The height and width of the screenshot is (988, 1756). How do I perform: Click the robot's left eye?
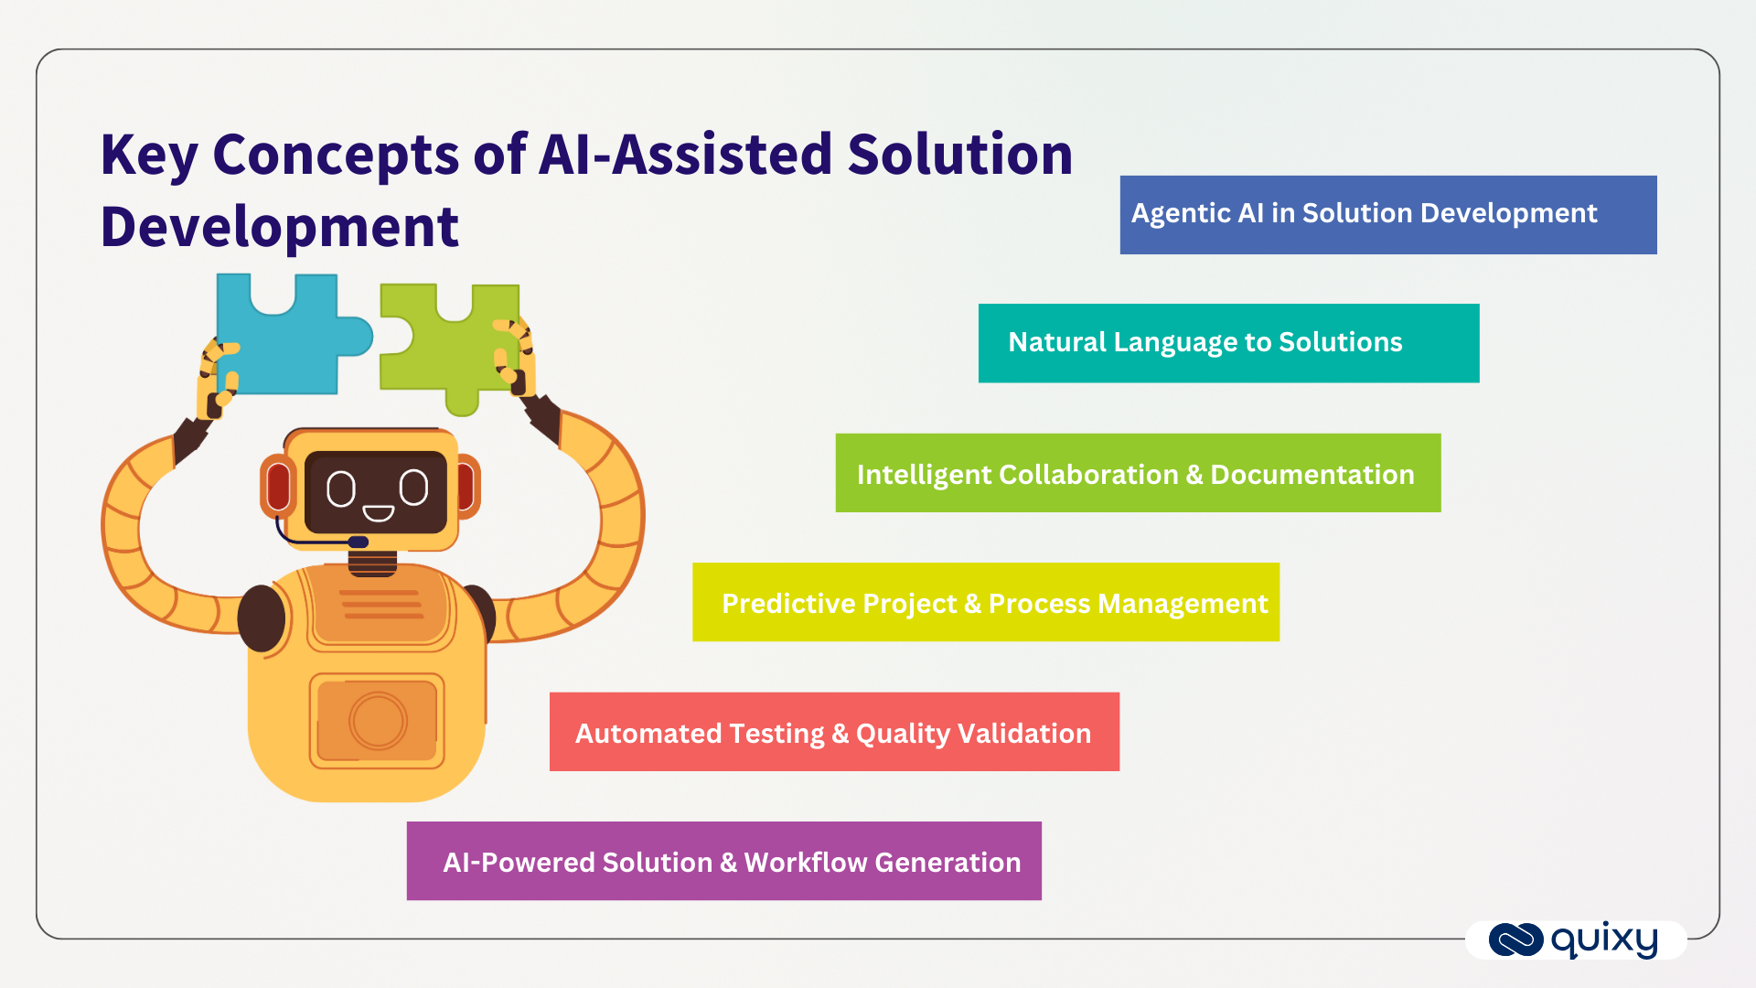(x=341, y=489)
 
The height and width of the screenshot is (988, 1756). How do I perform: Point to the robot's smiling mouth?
(x=378, y=513)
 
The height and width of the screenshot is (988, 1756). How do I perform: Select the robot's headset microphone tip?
(x=359, y=542)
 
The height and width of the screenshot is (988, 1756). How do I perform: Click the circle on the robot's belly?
(x=377, y=721)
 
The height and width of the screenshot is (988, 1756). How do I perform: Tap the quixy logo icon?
(x=1515, y=940)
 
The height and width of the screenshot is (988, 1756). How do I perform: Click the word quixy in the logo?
(x=1604, y=940)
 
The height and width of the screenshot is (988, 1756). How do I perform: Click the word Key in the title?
(x=149, y=156)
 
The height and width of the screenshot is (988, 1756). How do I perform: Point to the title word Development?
(x=279, y=227)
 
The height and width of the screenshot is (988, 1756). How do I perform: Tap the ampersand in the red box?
(x=840, y=734)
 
